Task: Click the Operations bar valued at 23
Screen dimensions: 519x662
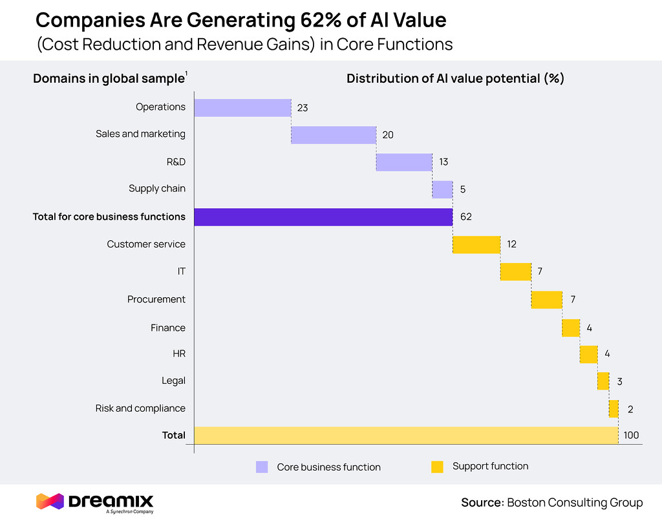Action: click(242, 108)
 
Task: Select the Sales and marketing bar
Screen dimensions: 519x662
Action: click(334, 135)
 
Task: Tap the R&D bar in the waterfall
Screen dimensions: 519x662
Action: click(404, 162)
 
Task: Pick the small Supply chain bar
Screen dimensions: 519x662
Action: click(442, 189)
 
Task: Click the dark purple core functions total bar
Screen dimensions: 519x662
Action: click(323, 217)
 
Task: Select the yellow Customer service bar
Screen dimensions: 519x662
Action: click(476, 245)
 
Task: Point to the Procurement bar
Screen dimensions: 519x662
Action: click(547, 300)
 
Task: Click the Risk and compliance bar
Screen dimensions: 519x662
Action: click(614, 408)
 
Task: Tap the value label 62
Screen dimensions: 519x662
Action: click(466, 217)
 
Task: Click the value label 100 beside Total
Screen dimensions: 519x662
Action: click(631, 436)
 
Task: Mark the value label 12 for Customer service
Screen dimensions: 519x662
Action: click(511, 245)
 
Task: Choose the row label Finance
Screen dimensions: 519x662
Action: click(168, 328)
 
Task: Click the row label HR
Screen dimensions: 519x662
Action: click(178, 354)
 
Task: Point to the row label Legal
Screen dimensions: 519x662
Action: click(173, 381)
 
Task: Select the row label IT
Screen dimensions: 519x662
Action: click(182, 272)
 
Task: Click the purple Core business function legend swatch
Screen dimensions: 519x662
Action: click(262, 467)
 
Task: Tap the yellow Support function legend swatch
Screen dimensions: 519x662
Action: click(437, 467)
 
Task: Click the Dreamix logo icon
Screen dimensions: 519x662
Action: click(50, 501)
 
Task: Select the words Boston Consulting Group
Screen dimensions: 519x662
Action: click(575, 503)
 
